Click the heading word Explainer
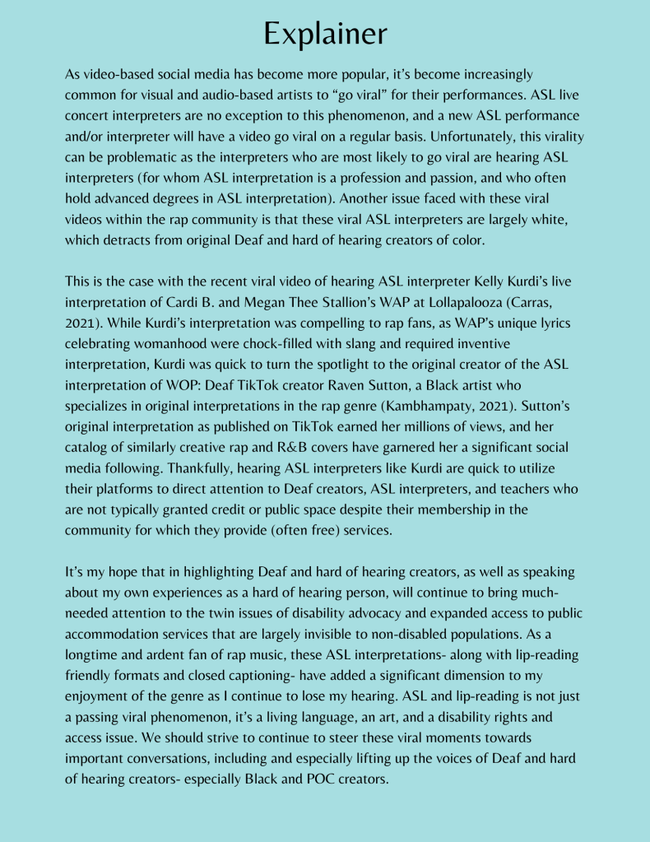[x=325, y=33]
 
